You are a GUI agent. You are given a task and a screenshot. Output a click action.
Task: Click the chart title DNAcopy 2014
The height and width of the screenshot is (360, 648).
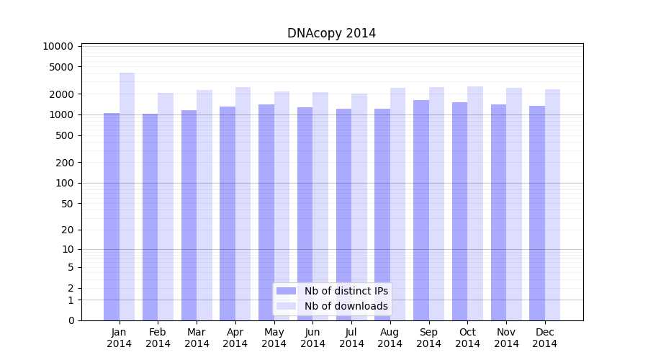click(331, 33)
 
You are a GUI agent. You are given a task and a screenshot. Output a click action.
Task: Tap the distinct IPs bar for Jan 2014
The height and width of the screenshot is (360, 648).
click(112, 216)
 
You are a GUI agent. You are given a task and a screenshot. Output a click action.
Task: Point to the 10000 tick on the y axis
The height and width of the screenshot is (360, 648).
click(58, 46)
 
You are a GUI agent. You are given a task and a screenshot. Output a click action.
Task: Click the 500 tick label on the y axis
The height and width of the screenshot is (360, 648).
click(65, 135)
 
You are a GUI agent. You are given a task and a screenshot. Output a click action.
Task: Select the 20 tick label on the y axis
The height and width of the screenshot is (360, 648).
click(68, 230)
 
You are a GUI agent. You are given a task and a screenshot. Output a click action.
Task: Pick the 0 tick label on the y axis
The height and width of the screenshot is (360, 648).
click(71, 320)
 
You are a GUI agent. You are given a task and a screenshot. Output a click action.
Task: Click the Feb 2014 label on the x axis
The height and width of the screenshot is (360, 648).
click(158, 338)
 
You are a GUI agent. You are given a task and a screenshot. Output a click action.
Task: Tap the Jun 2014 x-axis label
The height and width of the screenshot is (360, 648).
click(312, 338)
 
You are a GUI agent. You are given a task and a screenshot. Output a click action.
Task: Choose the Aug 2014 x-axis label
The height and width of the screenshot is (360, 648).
click(390, 338)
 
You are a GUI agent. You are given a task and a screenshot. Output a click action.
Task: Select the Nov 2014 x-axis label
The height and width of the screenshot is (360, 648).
click(506, 338)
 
